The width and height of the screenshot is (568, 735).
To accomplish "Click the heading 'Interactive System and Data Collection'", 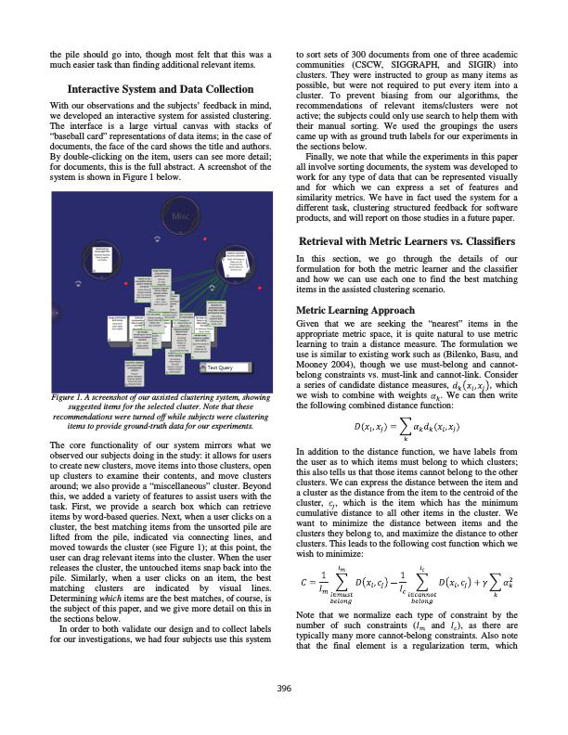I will [x=161, y=90].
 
